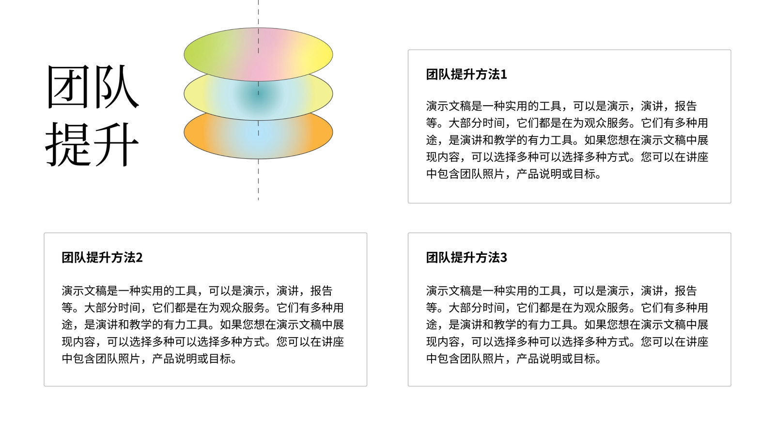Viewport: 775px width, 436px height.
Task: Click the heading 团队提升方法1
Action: coord(466,75)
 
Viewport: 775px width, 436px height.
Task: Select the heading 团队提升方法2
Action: coord(102,257)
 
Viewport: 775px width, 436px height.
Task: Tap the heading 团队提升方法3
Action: coord(466,257)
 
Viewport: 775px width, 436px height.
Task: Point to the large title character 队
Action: coord(116,87)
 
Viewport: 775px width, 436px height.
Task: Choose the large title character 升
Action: coord(116,143)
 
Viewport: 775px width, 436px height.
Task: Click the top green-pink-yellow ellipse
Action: coord(258,54)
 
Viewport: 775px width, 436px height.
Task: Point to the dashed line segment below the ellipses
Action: coord(258,180)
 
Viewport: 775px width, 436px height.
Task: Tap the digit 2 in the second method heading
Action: coord(139,258)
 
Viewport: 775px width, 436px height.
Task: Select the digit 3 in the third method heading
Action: coord(503,258)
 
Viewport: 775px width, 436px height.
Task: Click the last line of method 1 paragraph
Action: coord(514,174)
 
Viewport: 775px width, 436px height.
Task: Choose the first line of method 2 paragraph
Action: coord(197,291)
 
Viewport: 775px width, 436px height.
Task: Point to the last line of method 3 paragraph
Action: coord(514,359)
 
